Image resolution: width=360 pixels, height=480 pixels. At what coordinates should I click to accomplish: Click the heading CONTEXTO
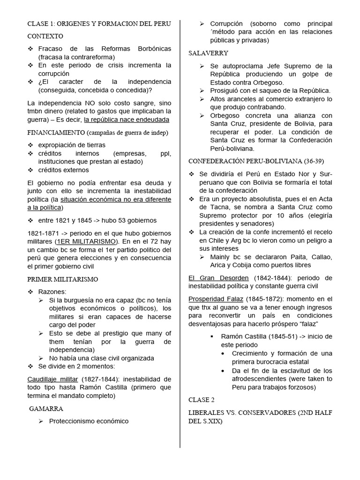tap(45, 36)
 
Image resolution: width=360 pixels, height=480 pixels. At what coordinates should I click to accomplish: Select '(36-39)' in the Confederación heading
tap(312, 161)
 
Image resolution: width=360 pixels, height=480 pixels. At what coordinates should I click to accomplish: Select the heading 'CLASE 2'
tap(201, 400)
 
